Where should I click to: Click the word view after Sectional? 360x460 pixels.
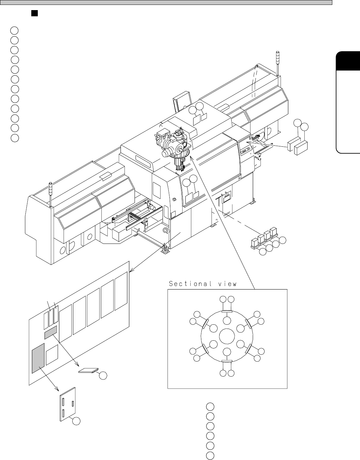pos(227,284)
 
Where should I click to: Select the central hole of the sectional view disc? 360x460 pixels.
pos(227,336)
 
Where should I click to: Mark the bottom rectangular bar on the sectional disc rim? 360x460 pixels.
pos(227,361)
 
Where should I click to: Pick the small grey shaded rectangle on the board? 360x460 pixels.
pos(50,332)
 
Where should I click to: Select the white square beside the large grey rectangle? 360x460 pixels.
pos(52,355)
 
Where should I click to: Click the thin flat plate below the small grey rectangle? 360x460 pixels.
pos(88,370)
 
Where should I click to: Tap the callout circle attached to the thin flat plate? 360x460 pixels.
pos(103,376)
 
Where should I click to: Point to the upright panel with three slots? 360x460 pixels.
pos(68,404)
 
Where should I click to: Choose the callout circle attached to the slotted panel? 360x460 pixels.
pos(76,421)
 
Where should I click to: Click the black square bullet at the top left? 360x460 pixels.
pos(33,13)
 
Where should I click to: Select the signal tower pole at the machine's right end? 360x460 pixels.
pos(278,63)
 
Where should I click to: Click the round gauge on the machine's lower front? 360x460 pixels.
pos(165,231)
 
